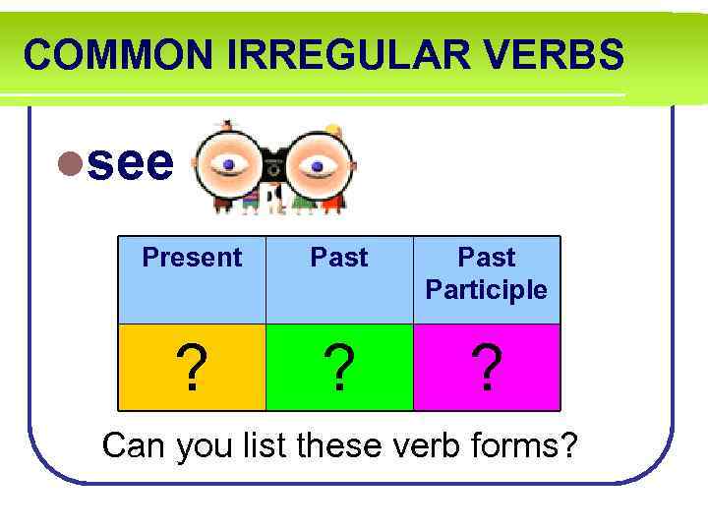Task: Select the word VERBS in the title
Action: (x=561, y=55)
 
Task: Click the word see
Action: (x=130, y=162)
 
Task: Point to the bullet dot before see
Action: (x=70, y=163)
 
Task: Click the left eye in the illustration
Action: (x=229, y=164)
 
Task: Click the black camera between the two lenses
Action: (x=272, y=164)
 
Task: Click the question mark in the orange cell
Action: (x=194, y=369)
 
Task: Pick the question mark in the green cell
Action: (x=339, y=369)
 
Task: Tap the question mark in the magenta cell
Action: (x=487, y=369)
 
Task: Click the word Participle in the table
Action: (x=487, y=290)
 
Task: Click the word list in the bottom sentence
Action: (x=265, y=445)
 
